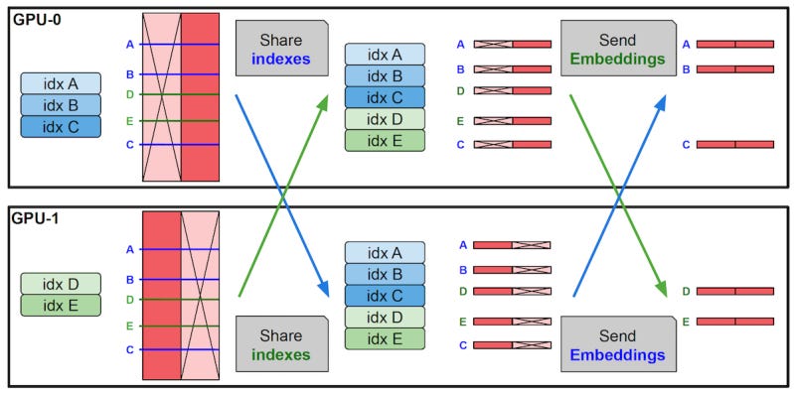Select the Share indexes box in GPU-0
pyautogui.click(x=281, y=49)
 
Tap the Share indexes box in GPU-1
pyautogui.click(x=281, y=343)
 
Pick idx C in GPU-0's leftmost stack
pyautogui.click(x=60, y=126)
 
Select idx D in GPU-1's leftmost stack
pyautogui.click(x=60, y=284)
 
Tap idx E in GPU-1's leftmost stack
pyautogui.click(x=60, y=305)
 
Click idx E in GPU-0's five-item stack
pyautogui.click(x=384, y=140)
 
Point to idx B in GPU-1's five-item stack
pyautogui.click(x=384, y=274)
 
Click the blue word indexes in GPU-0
pyautogui.click(x=281, y=59)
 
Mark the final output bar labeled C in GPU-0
pyautogui.click(x=734, y=145)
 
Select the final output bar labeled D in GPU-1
pyautogui.click(x=734, y=292)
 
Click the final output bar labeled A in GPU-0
pyautogui.click(x=734, y=45)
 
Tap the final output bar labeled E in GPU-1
pyautogui.click(x=734, y=322)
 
